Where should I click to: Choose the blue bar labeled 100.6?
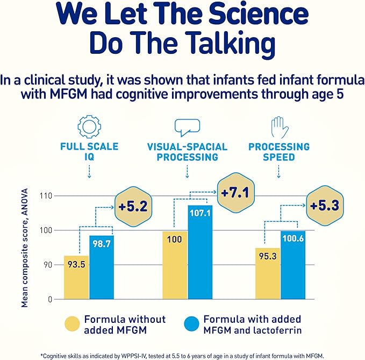click(292, 264)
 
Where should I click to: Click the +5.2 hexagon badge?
click(129, 206)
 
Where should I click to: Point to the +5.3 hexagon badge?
click(325, 206)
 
